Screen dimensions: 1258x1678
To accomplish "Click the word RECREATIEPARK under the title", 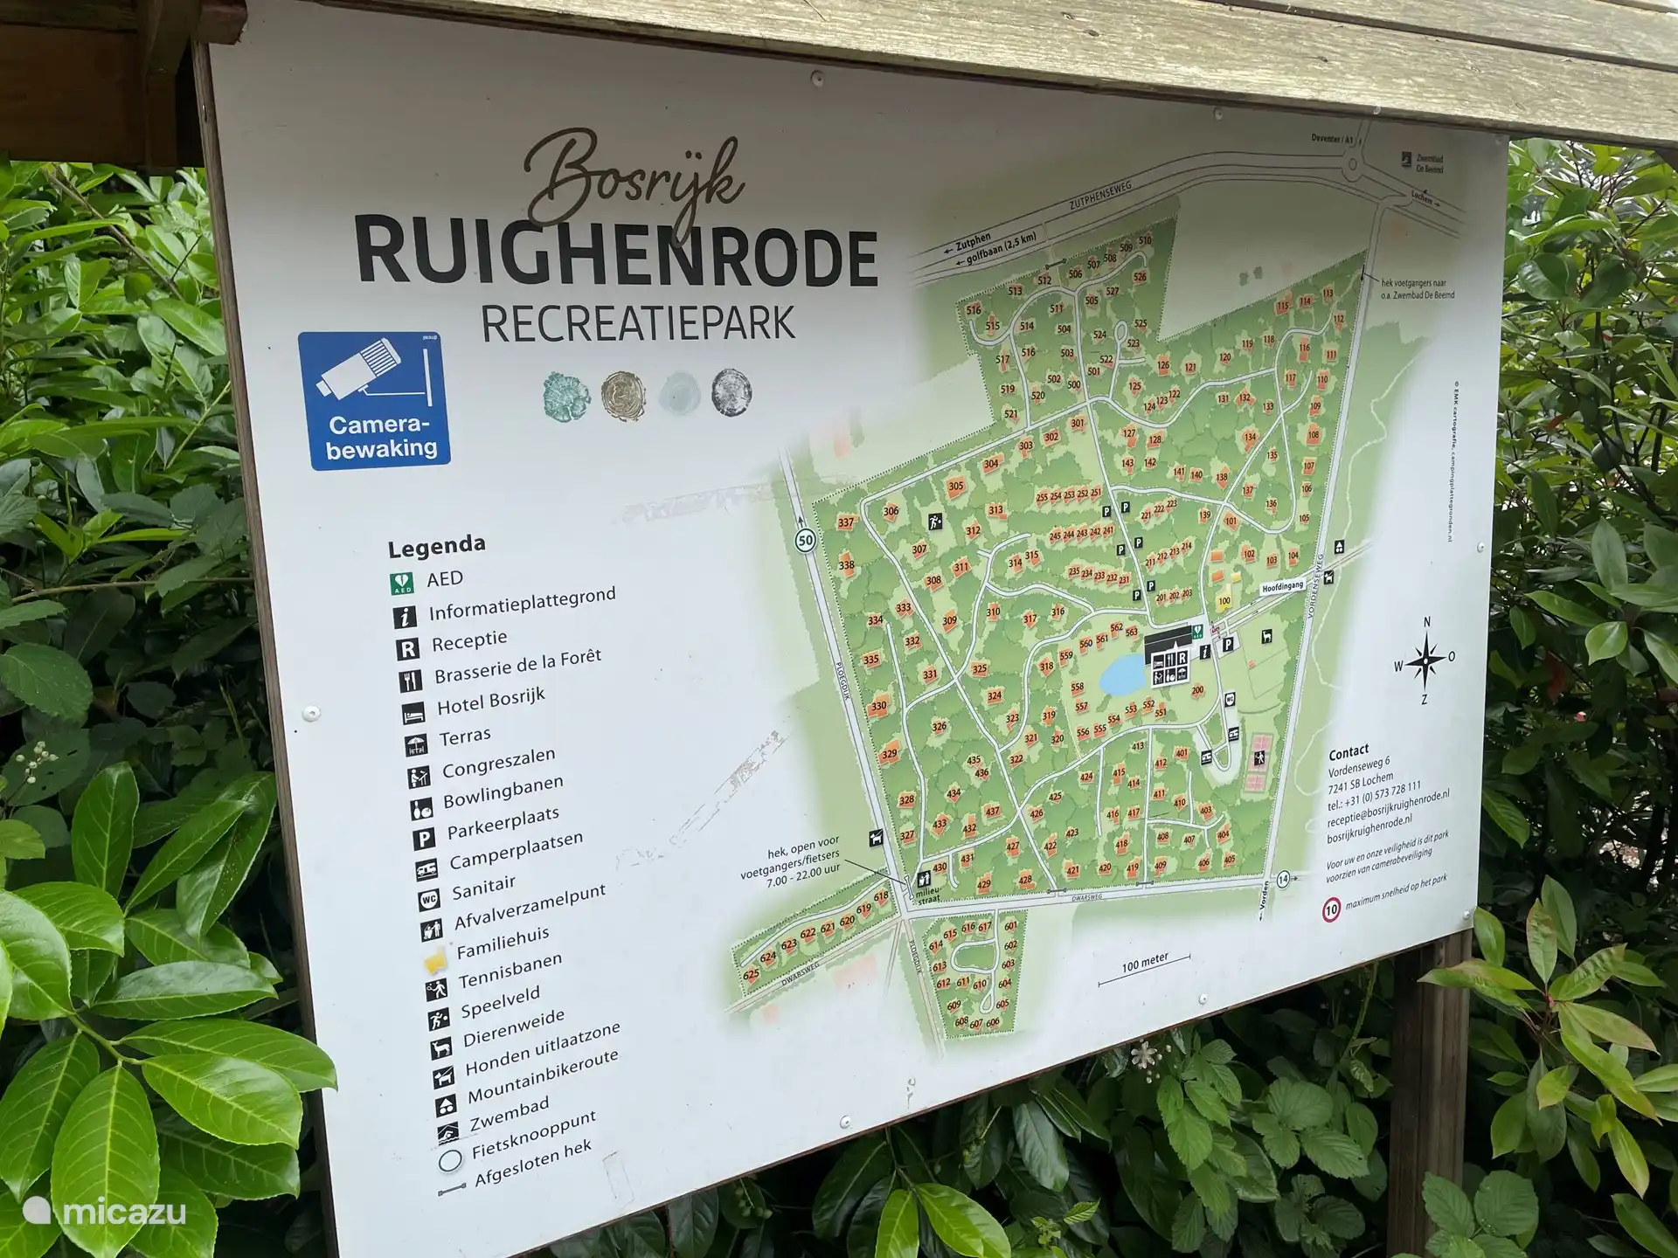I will click(638, 323).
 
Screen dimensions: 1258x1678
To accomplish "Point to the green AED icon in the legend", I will click(401, 584).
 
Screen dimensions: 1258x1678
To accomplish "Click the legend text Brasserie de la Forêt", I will click(517, 667).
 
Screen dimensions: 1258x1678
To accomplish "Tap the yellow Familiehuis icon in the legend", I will click(434, 962).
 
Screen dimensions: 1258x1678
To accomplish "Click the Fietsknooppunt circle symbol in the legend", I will click(450, 1160).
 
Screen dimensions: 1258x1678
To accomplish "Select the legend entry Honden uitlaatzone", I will click(542, 1048).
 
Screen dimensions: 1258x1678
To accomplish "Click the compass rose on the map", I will click(1425, 660).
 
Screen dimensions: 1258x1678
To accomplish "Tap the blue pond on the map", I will click(1122, 674).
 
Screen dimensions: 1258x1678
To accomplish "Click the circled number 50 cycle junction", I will click(805, 541).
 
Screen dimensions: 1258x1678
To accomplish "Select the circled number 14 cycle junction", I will click(1282, 879).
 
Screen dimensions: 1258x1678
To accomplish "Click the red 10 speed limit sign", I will click(1331, 910).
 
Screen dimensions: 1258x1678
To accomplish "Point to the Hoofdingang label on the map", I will click(1282, 587).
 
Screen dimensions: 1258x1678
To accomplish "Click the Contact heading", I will click(1349, 752).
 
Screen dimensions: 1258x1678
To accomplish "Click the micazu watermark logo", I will click(105, 1212).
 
